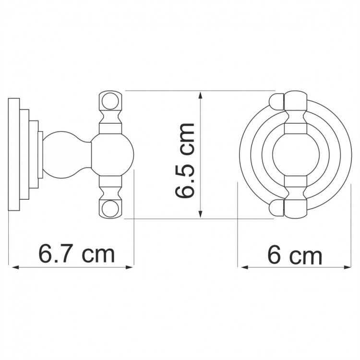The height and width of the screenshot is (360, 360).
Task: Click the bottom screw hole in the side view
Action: point(110,208)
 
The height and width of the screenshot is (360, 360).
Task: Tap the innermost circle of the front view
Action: point(295,154)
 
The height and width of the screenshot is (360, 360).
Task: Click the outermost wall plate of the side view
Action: point(14,154)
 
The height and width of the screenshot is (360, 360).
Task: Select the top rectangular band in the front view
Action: point(295,128)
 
